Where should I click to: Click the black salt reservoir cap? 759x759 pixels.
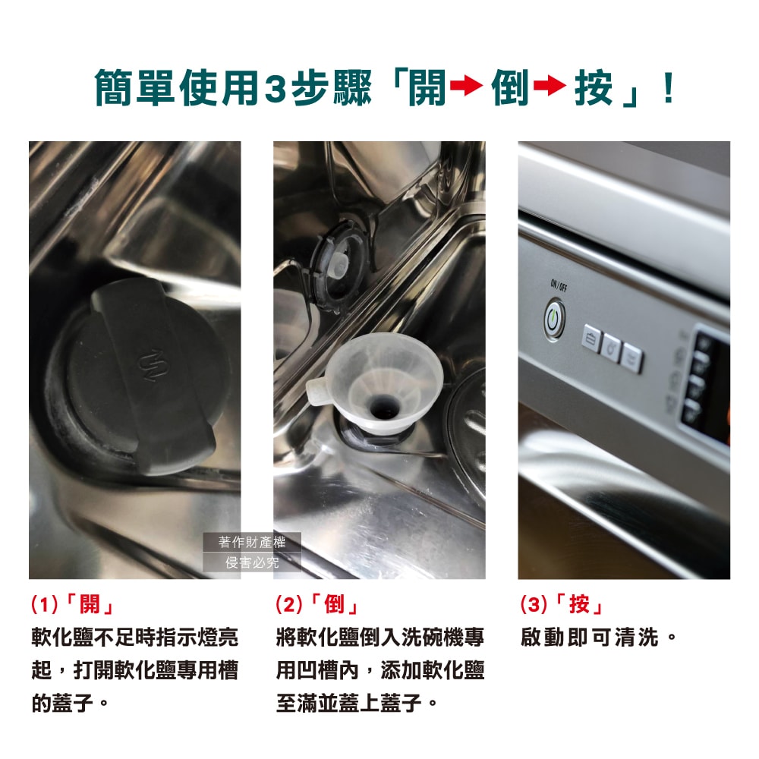(144, 379)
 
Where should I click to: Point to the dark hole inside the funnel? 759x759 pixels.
(382, 408)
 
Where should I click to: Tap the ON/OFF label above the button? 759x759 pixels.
(559, 285)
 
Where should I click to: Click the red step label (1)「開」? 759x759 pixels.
(73, 605)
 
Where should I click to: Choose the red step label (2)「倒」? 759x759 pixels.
(318, 605)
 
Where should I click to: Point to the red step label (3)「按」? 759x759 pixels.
(562, 605)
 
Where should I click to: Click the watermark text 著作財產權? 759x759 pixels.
(253, 542)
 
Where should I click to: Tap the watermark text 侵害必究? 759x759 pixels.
(253, 562)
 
